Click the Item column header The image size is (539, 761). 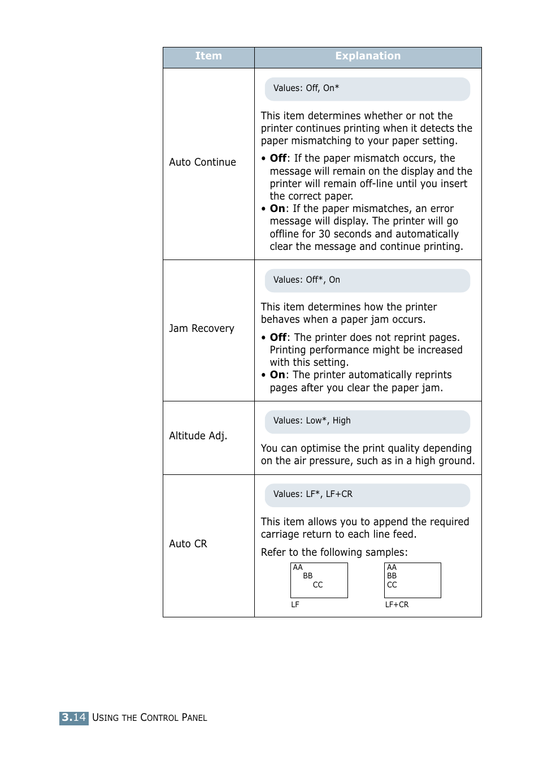coord(208,56)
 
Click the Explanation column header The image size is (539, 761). coord(368,56)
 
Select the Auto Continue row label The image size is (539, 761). coord(202,162)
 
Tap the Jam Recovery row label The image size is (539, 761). coord(201,328)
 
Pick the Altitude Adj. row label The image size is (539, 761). coord(198,436)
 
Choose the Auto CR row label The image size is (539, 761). coord(188,544)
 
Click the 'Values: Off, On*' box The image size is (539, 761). coord(367,89)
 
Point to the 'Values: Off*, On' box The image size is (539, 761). coord(367,280)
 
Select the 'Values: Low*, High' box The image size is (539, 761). coord(367,421)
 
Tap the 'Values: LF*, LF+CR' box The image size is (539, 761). coord(367,495)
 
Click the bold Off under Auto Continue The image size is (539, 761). coord(278,158)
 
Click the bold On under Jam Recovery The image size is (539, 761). coord(277,375)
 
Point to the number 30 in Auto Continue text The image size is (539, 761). coord(324,234)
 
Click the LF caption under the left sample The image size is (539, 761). coord(295,604)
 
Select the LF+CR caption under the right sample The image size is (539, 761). coord(397,604)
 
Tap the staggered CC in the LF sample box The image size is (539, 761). coord(318,585)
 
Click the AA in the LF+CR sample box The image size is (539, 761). coord(392,567)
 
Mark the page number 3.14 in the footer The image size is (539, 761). coord(74,718)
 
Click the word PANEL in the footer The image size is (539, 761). coord(194,718)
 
